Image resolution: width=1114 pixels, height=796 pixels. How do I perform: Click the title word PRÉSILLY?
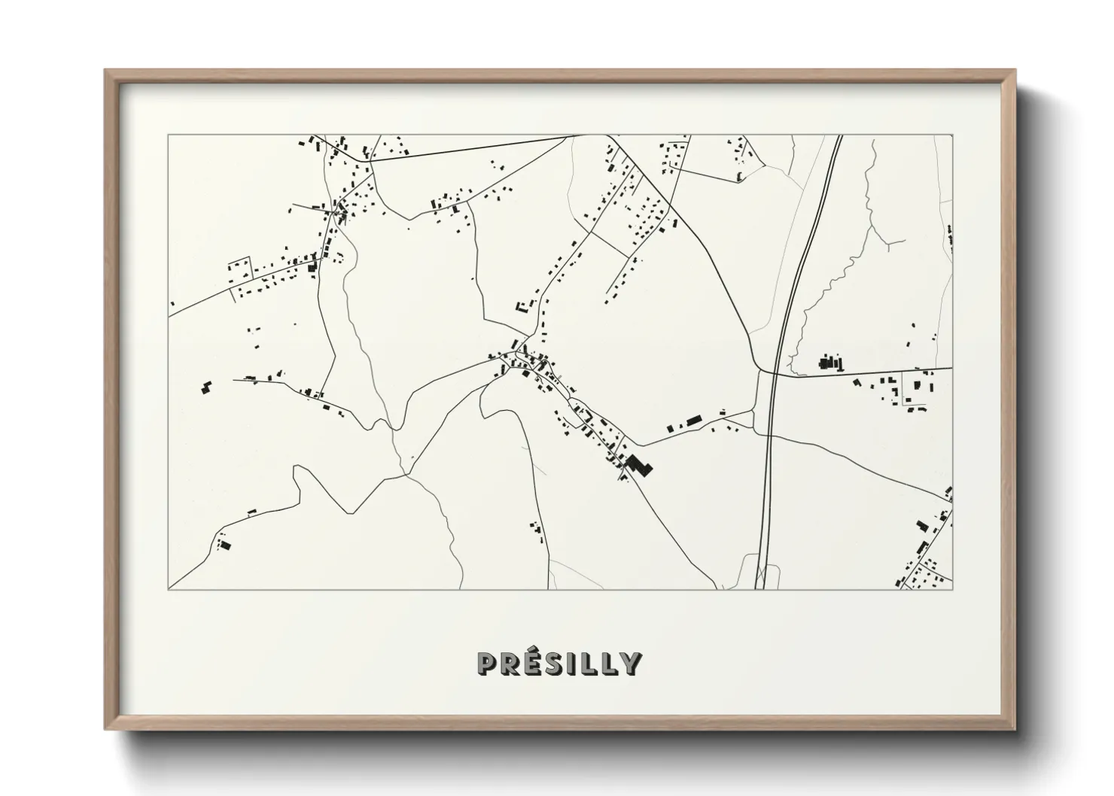pyautogui.click(x=559, y=663)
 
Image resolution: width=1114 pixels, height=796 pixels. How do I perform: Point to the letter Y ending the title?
pyautogui.click(x=632, y=664)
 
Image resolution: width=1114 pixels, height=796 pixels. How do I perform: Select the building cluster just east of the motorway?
pyautogui.click(x=830, y=363)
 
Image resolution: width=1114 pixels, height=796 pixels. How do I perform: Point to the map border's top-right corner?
pyautogui.click(x=952, y=135)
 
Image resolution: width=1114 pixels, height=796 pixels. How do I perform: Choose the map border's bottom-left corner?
pyautogui.click(x=169, y=589)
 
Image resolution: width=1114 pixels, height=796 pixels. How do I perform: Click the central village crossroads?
pyautogui.click(x=518, y=352)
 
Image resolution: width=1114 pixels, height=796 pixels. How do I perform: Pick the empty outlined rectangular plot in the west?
pyautogui.click(x=239, y=268)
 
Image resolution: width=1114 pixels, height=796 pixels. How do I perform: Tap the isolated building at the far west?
pyautogui.click(x=205, y=387)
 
